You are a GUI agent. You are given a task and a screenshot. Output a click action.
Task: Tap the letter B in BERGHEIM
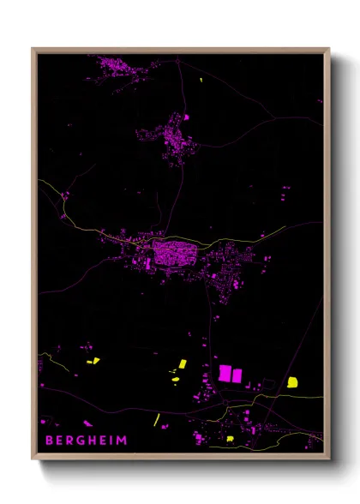pos(49,441)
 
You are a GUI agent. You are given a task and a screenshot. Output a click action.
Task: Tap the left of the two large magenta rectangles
pos(225,373)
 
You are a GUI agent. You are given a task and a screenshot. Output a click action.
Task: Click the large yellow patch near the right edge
pos(293,381)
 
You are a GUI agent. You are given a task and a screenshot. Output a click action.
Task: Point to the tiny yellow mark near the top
pos(201,81)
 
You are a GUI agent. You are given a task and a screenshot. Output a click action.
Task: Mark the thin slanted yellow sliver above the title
pos(157,420)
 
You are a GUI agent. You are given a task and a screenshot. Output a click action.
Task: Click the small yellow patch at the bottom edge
pos(230,439)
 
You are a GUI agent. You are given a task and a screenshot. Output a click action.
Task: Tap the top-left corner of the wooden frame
pos(33,49)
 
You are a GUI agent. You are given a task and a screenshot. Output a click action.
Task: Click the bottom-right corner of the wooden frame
pos(329,459)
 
